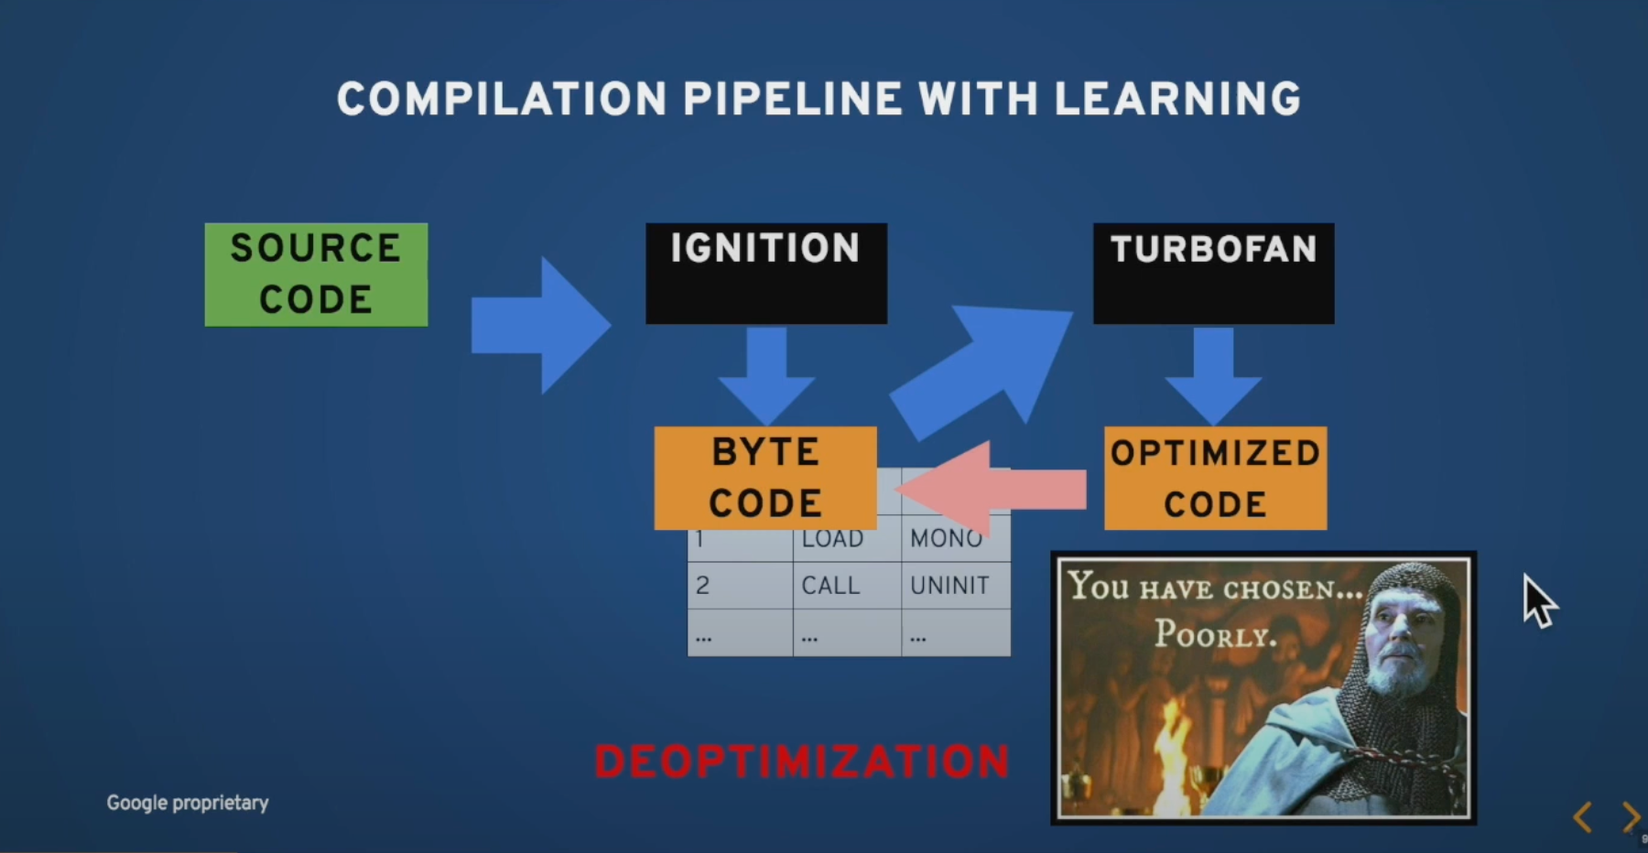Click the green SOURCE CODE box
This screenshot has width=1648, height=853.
pyautogui.click(x=316, y=275)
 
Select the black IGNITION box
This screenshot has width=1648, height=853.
pyautogui.click(x=765, y=273)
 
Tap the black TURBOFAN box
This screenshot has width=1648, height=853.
pyautogui.click(x=1213, y=273)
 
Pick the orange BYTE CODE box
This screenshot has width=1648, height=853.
pyautogui.click(x=765, y=478)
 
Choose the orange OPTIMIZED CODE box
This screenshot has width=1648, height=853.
pyautogui.click(x=1215, y=478)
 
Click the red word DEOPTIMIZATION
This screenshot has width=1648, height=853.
pyautogui.click(x=802, y=761)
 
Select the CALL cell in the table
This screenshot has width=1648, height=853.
pyautogui.click(x=830, y=585)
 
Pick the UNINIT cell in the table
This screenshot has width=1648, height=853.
pyautogui.click(x=949, y=585)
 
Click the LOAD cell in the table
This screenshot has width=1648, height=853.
pyautogui.click(x=832, y=540)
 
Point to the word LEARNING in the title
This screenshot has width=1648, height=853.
pyautogui.click(x=1177, y=99)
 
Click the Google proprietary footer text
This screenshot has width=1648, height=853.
pyautogui.click(x=188, y=803)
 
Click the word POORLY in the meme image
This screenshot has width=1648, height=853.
pyautogui.click(x=1215, y=633)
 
